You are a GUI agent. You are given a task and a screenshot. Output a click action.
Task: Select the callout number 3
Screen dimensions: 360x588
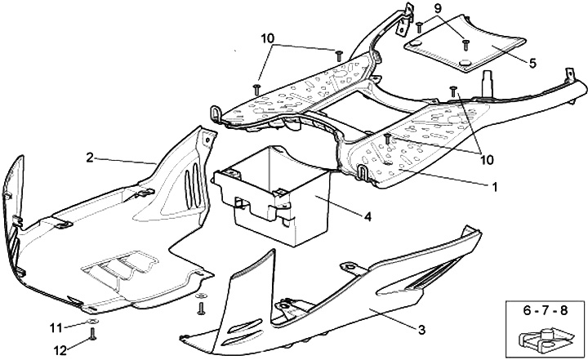pos(421,330)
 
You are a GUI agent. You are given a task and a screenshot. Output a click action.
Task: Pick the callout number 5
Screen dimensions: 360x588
pos(532,62)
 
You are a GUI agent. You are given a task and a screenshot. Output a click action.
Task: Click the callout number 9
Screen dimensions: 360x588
pos(437,9)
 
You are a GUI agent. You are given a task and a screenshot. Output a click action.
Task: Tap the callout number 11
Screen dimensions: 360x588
pos(56,328)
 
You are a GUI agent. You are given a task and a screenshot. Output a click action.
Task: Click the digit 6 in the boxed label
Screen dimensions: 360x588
pos(530,310)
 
